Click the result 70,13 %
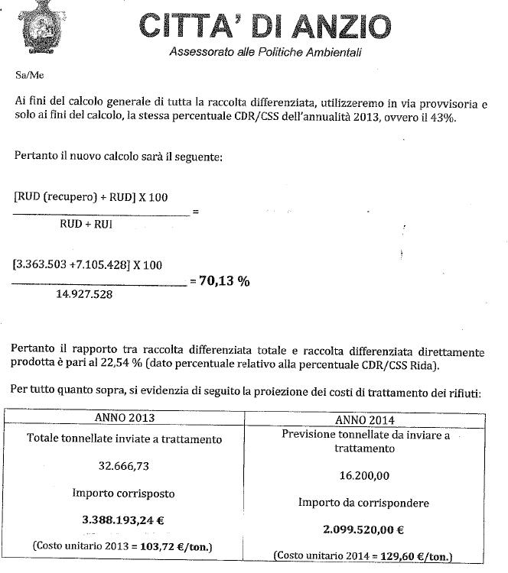226,280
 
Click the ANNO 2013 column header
123,419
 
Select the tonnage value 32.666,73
123,466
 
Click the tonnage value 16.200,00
363,475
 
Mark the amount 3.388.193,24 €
125,519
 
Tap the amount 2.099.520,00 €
363,528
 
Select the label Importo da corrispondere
363,502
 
